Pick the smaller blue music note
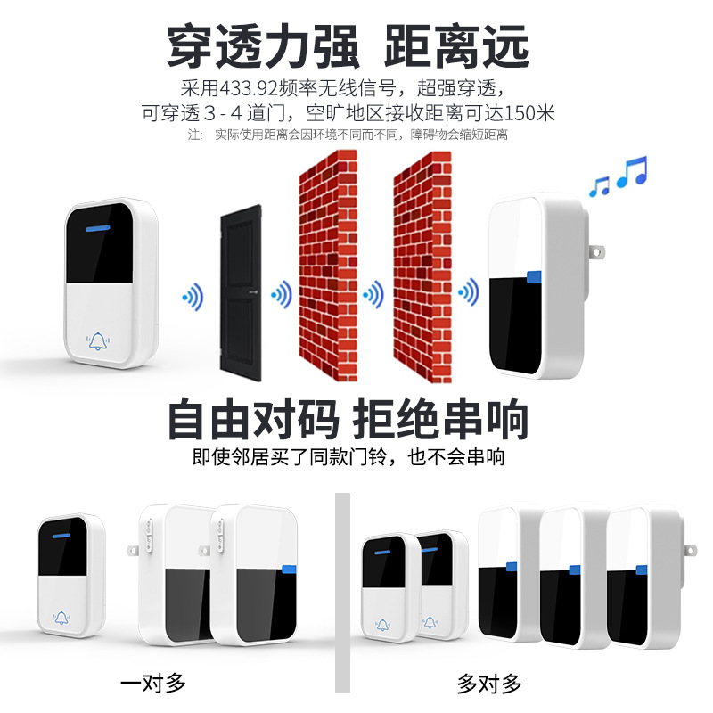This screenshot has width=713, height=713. [x=599, y=185]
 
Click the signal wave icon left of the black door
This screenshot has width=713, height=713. [x=193, y=295]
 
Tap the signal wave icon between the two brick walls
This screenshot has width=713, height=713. [x=374, y=293]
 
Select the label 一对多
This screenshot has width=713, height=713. [x=153, y=684]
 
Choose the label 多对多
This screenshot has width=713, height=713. [x=488, y=684]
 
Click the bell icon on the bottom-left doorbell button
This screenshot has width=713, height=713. [x=61, y=617]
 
